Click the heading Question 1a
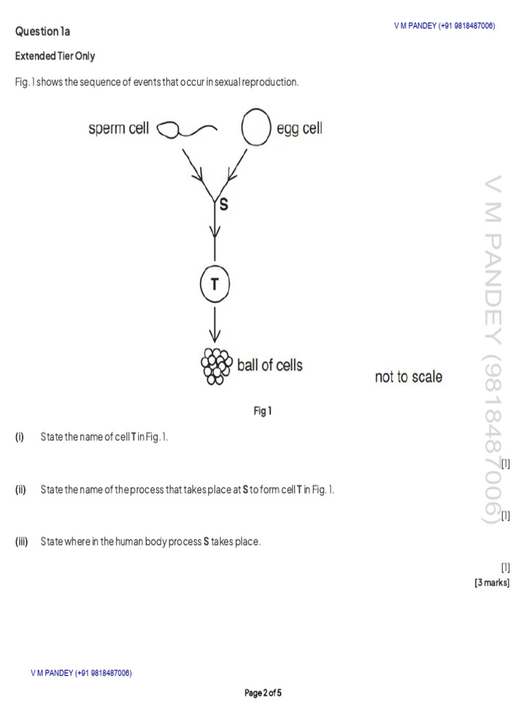tap(42, 31)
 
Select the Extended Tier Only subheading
tap(55, 56)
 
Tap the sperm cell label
tap(118, 129)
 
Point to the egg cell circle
tap(255, 129)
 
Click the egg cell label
tap(299, 129)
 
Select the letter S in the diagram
tap(223, 204)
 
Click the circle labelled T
tap(215, 283)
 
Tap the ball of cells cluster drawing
tap(215, 366)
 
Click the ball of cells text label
tap(269, 366)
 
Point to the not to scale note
tap(408, 377)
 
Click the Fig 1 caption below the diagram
tap(263, 411)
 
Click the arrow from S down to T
tap(215, 233)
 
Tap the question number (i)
tap(20, 437)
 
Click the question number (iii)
tap(21, 542)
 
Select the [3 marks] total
tap(492, 583)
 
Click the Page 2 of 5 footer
tap(263, 693)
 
